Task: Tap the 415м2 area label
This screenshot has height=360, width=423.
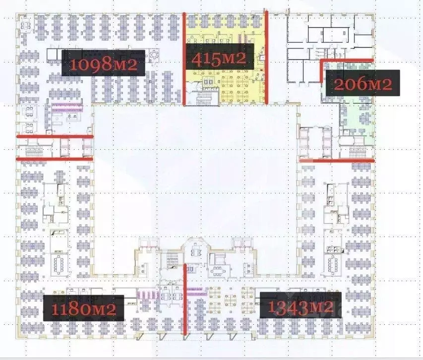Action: [x=219, y=58]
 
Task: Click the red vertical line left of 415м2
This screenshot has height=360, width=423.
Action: [x=184, y=59]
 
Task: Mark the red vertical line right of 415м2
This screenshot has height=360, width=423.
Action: [x=267, y=59]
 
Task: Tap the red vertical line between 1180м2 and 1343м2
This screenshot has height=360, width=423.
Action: [x=185, y=300]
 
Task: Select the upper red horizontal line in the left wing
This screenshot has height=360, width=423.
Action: [x=55, y=136]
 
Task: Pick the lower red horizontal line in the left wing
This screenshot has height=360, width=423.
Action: [x=55, y=159]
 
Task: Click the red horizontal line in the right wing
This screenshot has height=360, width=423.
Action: [x=337, y=160]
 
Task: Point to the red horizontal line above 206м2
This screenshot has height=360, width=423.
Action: [x=347, y=60]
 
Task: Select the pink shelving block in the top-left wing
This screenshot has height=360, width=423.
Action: [x=66, y=106]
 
